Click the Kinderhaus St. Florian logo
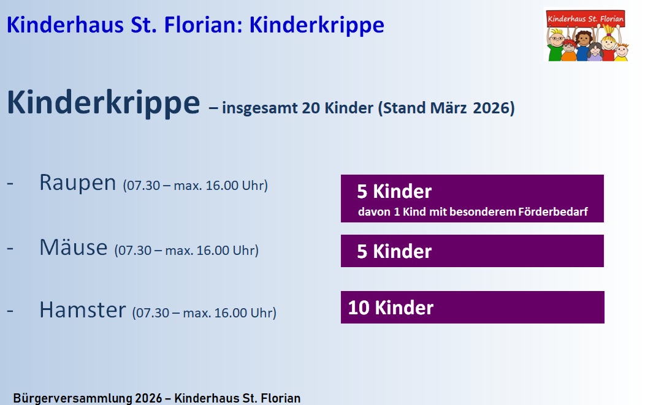[587, 36]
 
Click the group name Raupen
[78, 183]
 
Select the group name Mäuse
[74, 248]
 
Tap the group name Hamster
[83, 309]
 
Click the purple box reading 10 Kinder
[473, 307]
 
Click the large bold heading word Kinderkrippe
[104, 103]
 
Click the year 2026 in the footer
[148, 398]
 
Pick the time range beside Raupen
[196, 186]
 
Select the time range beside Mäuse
[186, 250]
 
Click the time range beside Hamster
[204, 312]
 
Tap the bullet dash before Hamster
[10, 311]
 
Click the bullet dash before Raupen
[10, 183]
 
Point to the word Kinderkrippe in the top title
[316, 25]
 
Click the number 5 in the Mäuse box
[362, 251]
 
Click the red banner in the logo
[585, 18]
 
